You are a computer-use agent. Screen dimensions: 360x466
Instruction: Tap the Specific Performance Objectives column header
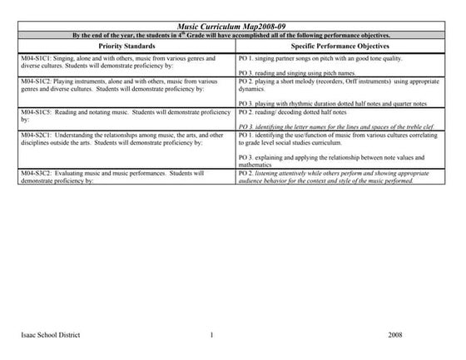coord(342,47)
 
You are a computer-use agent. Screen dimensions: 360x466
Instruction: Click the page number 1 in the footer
coord(213,334)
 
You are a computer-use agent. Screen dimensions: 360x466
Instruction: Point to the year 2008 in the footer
coord(395,334)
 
